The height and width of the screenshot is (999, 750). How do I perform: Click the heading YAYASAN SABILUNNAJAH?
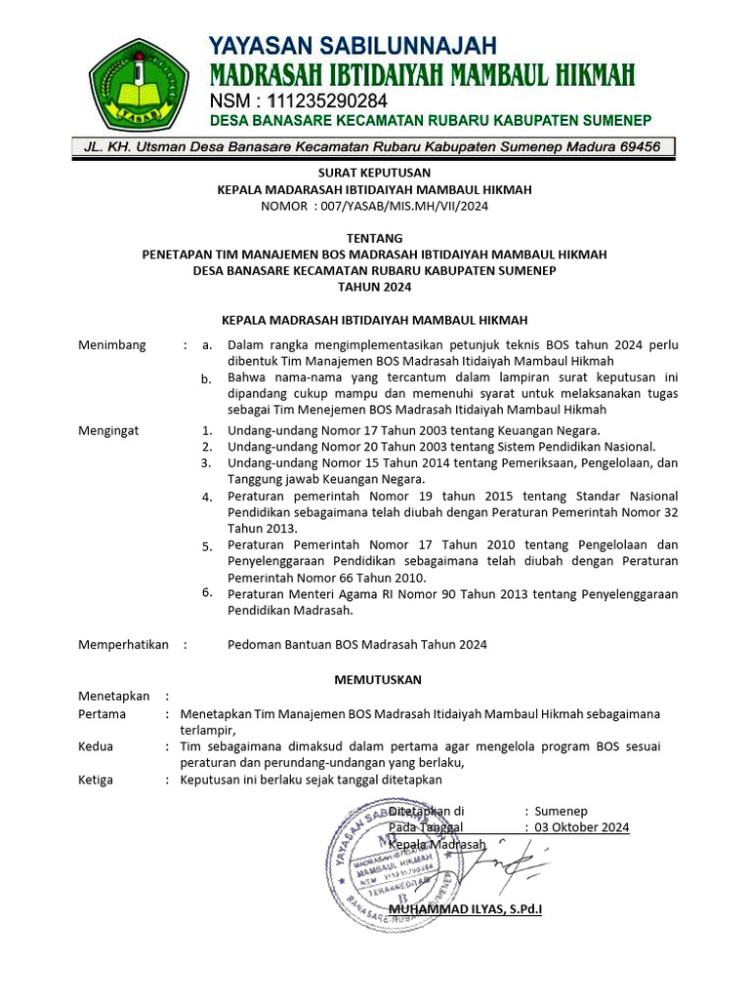pyautogui.click(x=353, y=45)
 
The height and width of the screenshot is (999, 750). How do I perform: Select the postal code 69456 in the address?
pyautogui.click(x=639, y=146)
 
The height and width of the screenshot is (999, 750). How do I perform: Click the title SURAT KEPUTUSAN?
pyautogui.click(x=374, y=174)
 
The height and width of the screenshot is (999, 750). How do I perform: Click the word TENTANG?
pyautogui.click(x=374, y=238)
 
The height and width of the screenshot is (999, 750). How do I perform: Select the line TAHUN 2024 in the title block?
pyautogui.click(x=374, y=287)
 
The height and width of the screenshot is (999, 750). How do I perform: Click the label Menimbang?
pyautogui.click(x=112, y=344)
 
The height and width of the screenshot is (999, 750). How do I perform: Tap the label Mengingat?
pyautogui.click(x=108, y=429)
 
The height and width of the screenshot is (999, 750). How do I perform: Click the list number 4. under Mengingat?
pyautogui.click(x=207, y=497)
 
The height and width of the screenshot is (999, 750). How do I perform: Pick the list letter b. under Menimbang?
pyautogui.click(x=206, y=379)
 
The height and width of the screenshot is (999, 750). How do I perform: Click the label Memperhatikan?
pyautogui.click(x=123, y=644)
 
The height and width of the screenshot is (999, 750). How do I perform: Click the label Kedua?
pyautogui.click(x=96, y=746)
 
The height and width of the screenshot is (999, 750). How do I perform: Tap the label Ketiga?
pyautogui.click(x=96, y=779)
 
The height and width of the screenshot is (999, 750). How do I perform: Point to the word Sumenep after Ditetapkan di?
pyautogui.click(x=562, y=811)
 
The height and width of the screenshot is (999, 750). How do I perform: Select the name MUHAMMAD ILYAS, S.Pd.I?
pyautogui.click(x=465, y=909)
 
